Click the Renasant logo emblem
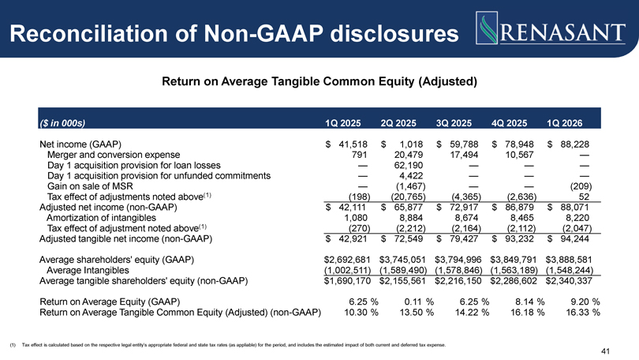tap(487, 28)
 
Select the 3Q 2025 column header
tap(454, 123)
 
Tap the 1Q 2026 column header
tap(564, 123)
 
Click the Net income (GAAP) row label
tap(80, 144)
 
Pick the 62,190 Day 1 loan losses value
tap(409, 165)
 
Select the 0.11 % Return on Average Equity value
tap(419, 302)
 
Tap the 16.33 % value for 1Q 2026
tap(583, 313)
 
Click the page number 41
tap(605, 351)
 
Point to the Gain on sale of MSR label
tap(90, 186)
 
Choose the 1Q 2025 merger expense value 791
tap(359, 155)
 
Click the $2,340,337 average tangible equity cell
tap(570, 281)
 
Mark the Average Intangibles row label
tap(88, 270)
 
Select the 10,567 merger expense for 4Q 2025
tap(520, 155)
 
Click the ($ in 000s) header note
tap(62, 123)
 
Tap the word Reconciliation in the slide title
tap(88, 33)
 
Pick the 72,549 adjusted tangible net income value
tap(409, 238)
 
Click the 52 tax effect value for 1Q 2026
tap(584, 197)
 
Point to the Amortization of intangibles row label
tap(101, 218)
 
